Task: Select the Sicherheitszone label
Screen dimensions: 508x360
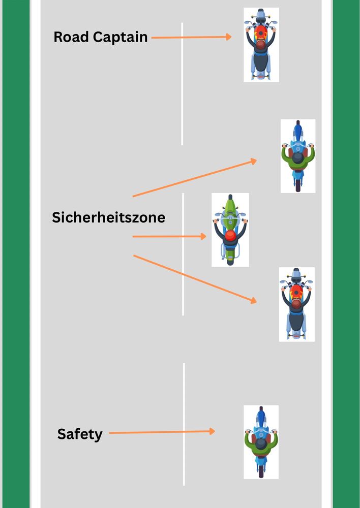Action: (x=108, y=217)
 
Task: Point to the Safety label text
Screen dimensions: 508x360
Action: (x=80, y=434)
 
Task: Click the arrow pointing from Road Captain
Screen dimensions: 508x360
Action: (x=191, y=37)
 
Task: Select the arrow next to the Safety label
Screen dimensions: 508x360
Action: (x=162, y=432)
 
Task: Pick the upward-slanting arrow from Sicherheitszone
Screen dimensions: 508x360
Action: (x=194, y=178)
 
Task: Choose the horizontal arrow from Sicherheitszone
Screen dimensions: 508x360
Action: (x=169, y=236)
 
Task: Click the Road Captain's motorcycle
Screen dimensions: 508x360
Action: (x=261, y=45)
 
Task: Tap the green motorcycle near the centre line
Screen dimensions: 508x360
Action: (x=230, y=230)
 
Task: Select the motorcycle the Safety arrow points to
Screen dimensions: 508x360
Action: (x=261, y=442)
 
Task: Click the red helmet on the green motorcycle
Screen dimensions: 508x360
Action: (x=230, y=235)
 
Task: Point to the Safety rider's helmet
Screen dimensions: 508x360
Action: (x=261, y=443)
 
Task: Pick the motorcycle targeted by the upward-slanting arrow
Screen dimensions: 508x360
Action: (x=298, y=156)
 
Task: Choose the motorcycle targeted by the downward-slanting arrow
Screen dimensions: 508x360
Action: (x=297, y=304)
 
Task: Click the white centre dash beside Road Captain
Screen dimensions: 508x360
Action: (x=183, y=84)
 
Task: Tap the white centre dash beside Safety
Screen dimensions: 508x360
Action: (x=184, y=424)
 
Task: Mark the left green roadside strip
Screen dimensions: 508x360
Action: (x=16, y=254)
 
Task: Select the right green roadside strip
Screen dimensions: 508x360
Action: (x=346, y=254)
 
